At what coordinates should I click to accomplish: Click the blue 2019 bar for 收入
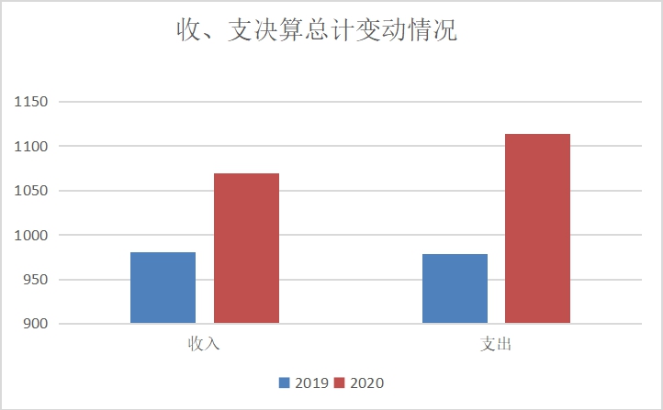(x=163, y=287)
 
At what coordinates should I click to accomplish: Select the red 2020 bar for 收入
(x=246, y=248)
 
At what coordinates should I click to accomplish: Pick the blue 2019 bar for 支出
(x=455, y=288)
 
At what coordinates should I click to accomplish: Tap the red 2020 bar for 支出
(x=537, y=228)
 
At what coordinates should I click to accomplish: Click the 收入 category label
(x=204, y=345)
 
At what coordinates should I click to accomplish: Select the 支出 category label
(x=496, y=345)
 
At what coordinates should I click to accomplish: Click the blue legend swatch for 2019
(x=285, y=382)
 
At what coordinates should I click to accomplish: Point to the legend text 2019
(x=310, y=382)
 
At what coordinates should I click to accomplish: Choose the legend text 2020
(x=366, y=382)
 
